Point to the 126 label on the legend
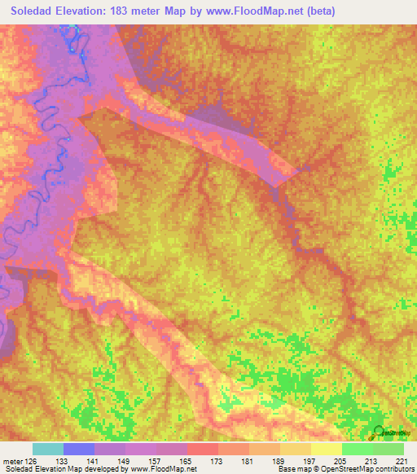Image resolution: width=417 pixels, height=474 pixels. point(31,461)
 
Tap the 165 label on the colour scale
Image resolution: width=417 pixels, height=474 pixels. point(187,461)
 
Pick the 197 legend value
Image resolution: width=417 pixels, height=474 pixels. point(311,461)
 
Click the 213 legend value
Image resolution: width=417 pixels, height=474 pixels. point(373,461)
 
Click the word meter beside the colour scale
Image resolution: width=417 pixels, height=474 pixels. point(11,461)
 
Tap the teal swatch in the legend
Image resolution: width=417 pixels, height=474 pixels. point(48,449)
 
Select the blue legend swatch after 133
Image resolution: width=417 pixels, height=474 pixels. point(79,449)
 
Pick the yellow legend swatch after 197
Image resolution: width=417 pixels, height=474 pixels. point(327,449)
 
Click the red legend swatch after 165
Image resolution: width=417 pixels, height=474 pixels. point(203,449)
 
